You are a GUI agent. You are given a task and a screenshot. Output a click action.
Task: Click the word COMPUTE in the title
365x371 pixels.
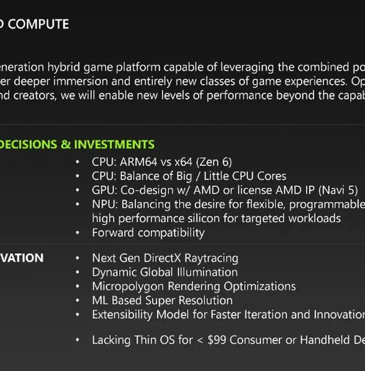click(x=38, y=24)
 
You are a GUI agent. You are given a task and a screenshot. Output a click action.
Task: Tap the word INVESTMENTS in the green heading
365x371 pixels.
click(x=114, y=144)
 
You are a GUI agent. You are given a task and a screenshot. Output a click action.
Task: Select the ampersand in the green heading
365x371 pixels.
click(x=66, y=144)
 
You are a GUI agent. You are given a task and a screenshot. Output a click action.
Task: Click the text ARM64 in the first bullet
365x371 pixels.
click(x=138, y=162)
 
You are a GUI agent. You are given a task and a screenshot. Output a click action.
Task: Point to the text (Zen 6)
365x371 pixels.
click(x=214, y=162)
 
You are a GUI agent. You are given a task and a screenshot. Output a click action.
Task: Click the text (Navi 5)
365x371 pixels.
click(x=338, y=191)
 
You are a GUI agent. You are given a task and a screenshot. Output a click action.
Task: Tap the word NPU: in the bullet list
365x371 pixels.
click(x=105, y=204)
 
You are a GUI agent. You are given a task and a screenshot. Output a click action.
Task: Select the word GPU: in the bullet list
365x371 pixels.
click(x=104, y=190)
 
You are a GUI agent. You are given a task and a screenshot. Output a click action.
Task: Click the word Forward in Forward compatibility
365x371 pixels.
click(x=113, y=233)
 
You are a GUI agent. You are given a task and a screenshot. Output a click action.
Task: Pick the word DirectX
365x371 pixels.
click(x=162, y=258)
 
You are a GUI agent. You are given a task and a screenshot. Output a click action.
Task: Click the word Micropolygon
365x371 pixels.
click(x=128, y=287)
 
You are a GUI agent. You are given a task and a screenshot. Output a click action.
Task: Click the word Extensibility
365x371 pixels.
click(x=122, y=315)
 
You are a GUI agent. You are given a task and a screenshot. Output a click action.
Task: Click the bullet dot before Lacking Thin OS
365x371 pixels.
click(x=78, y=340)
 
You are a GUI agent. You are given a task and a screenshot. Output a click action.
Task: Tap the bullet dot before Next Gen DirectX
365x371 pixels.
click(x=78, y=258)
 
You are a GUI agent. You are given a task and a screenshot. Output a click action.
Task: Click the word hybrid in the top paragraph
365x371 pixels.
click(x=64, y=67)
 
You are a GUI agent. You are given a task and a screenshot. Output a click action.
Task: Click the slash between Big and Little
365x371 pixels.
click(x=198, y=176)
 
